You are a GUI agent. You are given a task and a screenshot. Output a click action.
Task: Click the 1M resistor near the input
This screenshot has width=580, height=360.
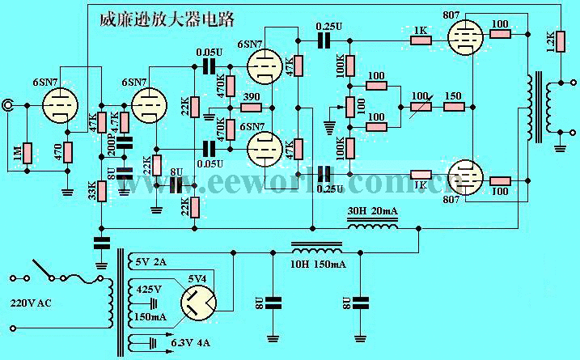pyautogui.click(x=27, y=153)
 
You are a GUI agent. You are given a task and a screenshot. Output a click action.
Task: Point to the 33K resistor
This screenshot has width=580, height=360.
pyautogui.click(x=101, y=192)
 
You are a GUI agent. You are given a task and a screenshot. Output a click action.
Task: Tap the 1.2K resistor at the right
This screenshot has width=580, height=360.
pyautogui.click(x=549, y=41)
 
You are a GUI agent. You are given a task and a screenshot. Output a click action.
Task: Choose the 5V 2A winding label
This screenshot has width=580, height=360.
pyautogui.click(x=152, y=260)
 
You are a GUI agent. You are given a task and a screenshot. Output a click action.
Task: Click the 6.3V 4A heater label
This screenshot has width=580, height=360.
pyautogui.click(x=191, y=344)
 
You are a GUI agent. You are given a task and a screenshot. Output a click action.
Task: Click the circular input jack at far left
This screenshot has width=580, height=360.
pyautogui.click(x=9, y=104)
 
